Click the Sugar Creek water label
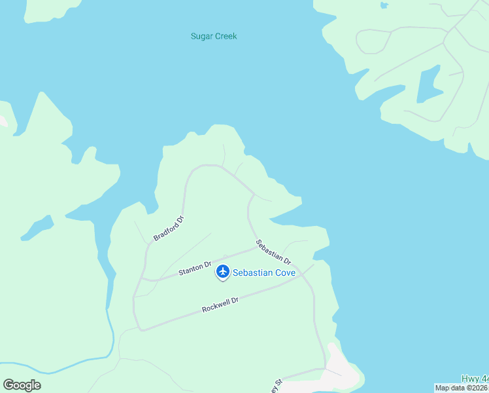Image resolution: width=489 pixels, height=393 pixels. [214, 36]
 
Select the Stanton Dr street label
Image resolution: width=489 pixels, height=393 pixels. [195, 268]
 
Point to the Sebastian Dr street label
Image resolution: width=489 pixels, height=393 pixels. [273, 252]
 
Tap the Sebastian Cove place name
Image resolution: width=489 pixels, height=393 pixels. [265, 272]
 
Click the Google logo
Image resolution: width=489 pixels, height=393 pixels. [22, 385]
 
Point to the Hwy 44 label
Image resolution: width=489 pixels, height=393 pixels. [475, 379]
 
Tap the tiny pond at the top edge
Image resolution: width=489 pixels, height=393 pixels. [384, 5]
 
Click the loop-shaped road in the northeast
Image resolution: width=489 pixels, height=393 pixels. [373, 41]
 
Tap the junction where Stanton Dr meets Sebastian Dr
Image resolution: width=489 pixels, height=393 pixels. [254, 247]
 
